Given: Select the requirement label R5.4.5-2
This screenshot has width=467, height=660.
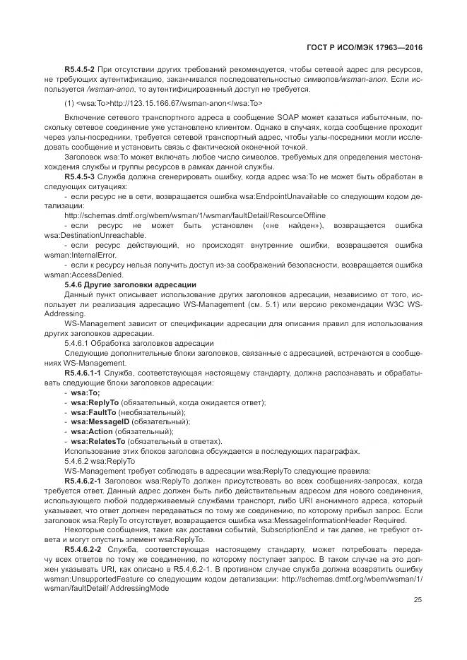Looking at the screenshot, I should click(x=79, y=71).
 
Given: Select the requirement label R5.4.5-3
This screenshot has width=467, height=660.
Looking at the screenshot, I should click(x=79, y=175).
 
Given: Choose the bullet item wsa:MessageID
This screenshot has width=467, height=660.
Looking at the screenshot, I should click(x=93, y=421).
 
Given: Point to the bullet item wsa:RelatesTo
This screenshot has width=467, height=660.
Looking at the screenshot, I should click(x=93, y=441).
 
